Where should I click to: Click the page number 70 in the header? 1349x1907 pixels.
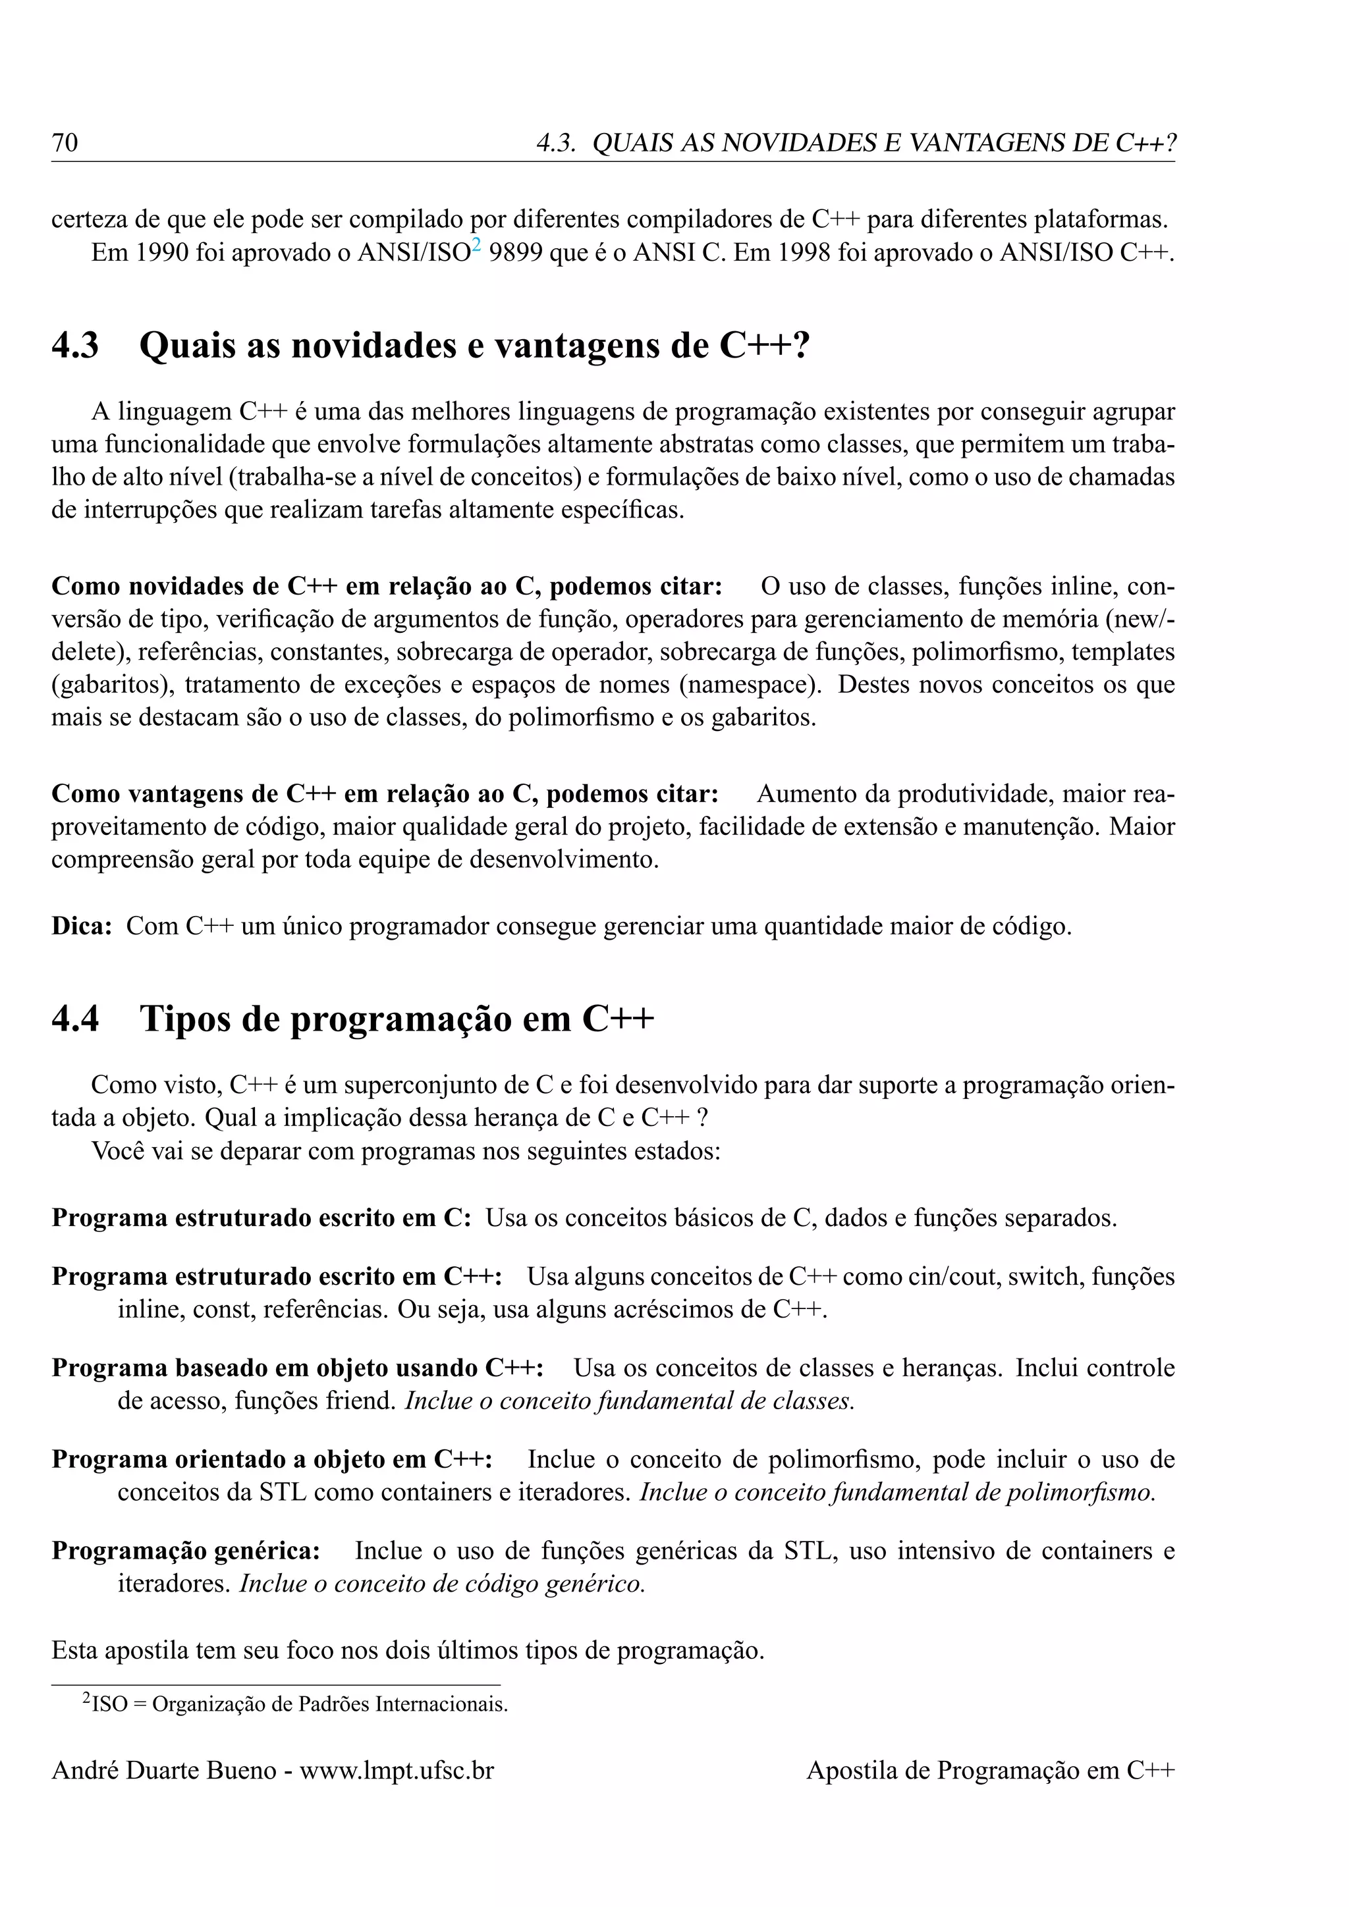[65, 143]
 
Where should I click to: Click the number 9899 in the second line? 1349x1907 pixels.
[516, 252]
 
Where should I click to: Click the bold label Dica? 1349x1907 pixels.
[82, 926]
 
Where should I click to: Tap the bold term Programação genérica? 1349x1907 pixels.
[186, 1551]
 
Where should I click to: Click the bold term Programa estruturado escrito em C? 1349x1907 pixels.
[262, 1218]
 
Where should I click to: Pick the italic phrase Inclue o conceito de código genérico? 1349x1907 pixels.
[442, 1584]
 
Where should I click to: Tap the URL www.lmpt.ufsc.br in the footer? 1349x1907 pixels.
[397, 1771]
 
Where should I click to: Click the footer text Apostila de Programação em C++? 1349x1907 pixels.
[990, 1771]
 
